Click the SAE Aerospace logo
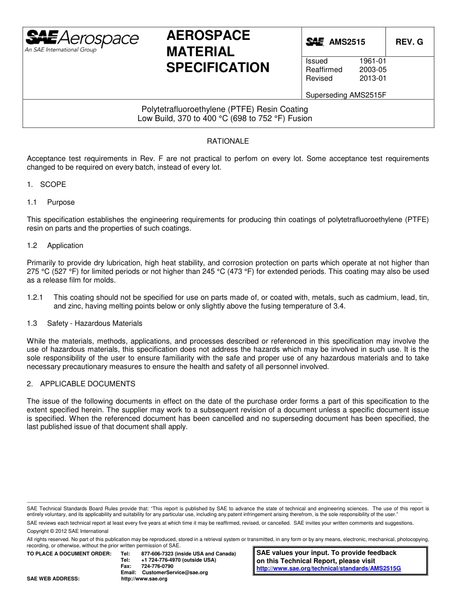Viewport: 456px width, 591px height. (82, 40)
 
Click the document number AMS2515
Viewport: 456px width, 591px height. (347, 42)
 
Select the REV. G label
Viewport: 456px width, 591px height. (409, 42)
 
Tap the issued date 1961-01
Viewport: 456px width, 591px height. (372, 61)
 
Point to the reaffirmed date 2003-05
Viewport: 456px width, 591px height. (372, 70)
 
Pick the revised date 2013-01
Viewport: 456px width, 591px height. (372, 78)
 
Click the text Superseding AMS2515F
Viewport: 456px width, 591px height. (346, 95)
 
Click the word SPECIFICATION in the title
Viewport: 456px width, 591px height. (218, 68)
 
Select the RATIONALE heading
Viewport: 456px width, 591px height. (228, 141)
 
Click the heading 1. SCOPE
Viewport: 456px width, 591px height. (47, 185)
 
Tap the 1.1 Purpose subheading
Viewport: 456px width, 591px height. (51, 202)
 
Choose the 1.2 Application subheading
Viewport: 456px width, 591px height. (55, 246)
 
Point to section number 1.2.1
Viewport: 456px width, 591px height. (35, 298)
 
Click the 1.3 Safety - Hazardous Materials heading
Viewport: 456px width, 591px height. (84, 323)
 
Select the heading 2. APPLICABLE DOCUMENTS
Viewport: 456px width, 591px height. (81, 384)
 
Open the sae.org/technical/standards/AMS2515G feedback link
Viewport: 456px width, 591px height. (328, 568)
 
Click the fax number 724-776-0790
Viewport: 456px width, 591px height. (157, 566)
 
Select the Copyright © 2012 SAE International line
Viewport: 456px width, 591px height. (68, 531)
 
